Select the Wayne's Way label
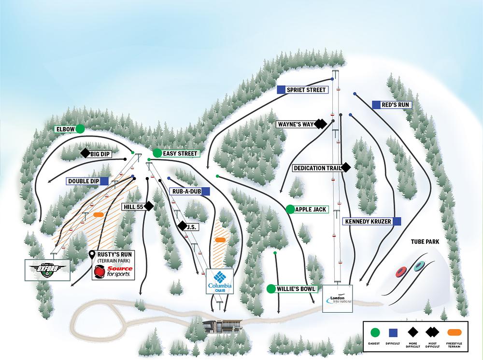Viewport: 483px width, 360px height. coord(296,124)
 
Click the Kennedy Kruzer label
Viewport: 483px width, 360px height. coord(367,221)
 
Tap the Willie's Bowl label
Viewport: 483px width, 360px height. coord(296,289)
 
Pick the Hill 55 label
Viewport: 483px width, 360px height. coord(134,206)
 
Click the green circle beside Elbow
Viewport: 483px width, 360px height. coord(80,129)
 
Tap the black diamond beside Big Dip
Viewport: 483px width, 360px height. coord(85,153)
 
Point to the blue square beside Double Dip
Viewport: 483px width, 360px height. coord(104,181)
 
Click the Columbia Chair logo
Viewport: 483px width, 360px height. coord(220,281)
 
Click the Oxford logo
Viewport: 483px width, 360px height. coord(47,269)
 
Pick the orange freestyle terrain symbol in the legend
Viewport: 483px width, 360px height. coord(453,332)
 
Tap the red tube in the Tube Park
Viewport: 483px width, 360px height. coord(400,273)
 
